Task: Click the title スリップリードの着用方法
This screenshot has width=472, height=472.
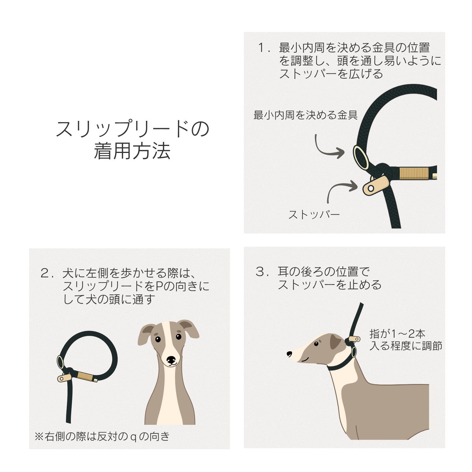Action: (x=132, y=140)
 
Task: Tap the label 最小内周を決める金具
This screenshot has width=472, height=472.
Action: (x=305, y=115)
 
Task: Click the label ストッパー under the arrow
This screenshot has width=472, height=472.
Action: (x=314, y=215)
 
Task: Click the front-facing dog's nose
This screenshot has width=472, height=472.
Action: (x=171, y=359)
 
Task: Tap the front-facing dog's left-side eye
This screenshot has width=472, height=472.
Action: (x=158, y=339)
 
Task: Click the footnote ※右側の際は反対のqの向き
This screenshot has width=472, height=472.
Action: (x=102, y=436)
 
